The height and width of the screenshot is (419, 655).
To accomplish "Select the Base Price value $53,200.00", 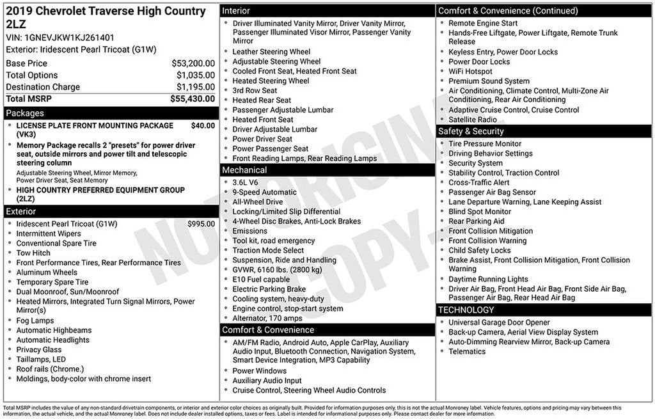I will click(193, 63).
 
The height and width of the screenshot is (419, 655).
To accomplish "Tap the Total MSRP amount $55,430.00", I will click(193, 99).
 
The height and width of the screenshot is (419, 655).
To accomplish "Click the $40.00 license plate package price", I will click(203, 125).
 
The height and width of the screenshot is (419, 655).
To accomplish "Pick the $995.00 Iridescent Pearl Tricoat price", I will click(201, 224).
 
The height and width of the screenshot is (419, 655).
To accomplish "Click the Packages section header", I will click(25, 113).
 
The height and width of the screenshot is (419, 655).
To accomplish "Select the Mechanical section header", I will click(244, 170).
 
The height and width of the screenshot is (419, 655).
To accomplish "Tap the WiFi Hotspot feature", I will click(470, 71).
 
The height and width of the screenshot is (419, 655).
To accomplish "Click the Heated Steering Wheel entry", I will click(271, 81).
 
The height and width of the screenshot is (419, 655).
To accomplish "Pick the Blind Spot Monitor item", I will click(480, 211).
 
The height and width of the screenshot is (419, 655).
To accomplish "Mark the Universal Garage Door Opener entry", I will click(499, 322).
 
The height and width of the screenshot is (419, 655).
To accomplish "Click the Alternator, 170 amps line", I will click(267, 318).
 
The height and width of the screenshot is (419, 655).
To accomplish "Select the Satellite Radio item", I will click(473, 119).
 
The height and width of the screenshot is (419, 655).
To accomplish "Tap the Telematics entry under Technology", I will click(467, 351).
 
